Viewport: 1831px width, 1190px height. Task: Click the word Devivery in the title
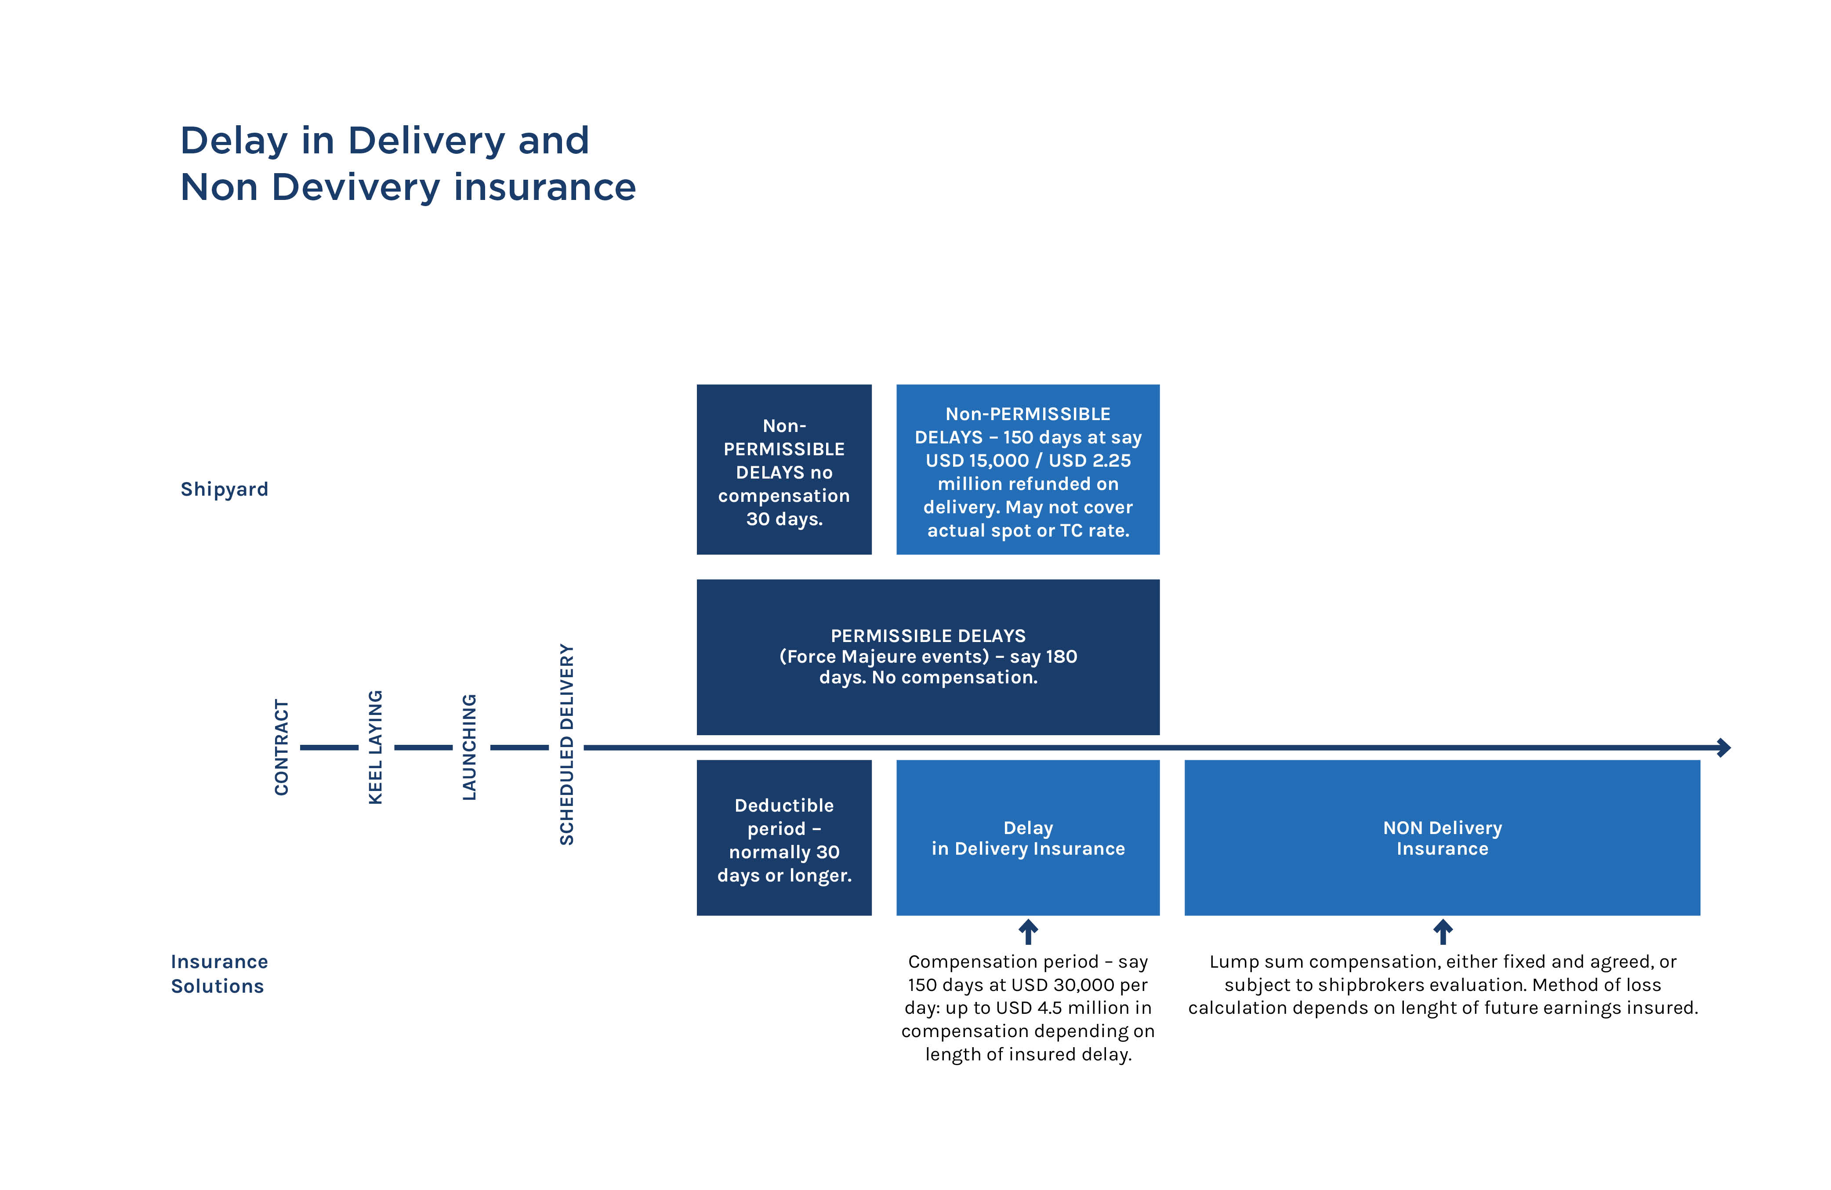[x=356, y=188]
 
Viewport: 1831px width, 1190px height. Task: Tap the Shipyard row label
[x=224, y=489]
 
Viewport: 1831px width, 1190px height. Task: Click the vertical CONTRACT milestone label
[x=282, y=747]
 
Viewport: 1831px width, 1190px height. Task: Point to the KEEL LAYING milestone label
[x=375, y=747]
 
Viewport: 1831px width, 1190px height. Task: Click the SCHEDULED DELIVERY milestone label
[x=567, y=744]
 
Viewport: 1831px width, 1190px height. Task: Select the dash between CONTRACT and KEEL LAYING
[x=329, y=747]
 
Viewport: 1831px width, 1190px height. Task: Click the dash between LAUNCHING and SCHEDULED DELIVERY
[x=519, y=747]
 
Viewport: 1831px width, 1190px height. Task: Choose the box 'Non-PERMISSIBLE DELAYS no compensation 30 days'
[x=784, y=469]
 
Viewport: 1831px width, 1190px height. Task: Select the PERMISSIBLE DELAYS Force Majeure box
[x=928, y=657]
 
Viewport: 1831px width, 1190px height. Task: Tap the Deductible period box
[x=784, y=838]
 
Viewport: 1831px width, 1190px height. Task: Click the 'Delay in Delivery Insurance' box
[x=1028, y=838]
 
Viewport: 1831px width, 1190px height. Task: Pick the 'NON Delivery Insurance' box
[x=1442, y=838]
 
